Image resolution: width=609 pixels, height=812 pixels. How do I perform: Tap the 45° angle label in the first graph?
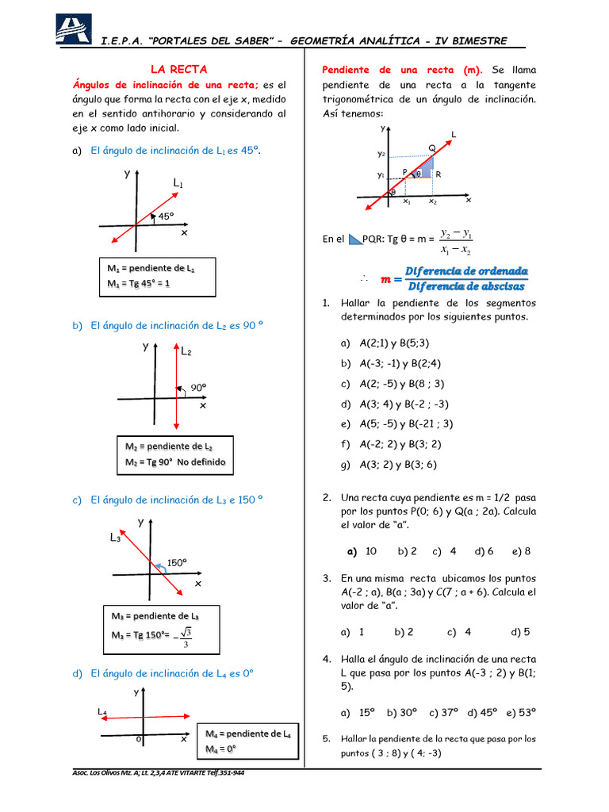pyautogui.click(x=166, y=215)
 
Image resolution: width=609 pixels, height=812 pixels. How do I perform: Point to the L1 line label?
pyautogui.click(x=178, y=184)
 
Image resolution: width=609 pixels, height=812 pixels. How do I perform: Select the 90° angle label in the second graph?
pyautogui.click(x=197, y=388)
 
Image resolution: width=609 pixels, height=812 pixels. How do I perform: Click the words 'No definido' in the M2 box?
pyautogui.click(x=201, y=462)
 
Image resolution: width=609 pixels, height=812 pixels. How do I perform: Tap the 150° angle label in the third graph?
pyautogui.click(x=177, y=562)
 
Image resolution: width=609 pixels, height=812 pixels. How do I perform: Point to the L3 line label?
pyautogui.click(x=115, y=538)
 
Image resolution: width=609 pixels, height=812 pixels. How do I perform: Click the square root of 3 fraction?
pyautogui.click(x=186, y=637)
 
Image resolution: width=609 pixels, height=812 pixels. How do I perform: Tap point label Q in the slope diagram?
pyautogui.click(x=431, y=148)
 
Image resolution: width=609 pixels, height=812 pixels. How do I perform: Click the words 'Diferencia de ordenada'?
pyautogui.click(x=465, y=271)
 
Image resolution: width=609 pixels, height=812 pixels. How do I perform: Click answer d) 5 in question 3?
pyautogui.click(x=521, y=632)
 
